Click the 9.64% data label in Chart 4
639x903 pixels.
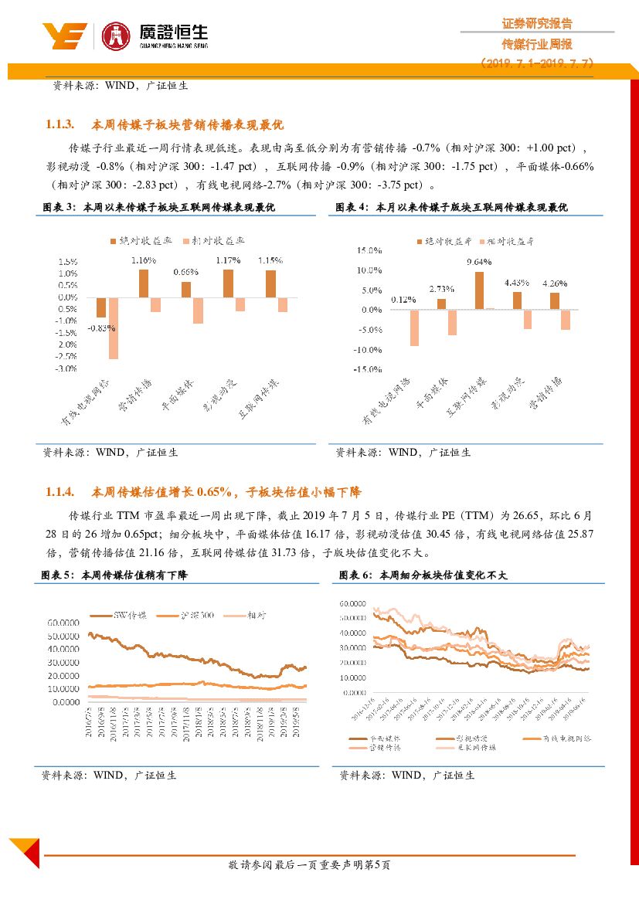click(x=479, y=262)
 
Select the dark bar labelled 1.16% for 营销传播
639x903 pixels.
click(x=144, y=283)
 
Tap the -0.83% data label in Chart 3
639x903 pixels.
click(x=100, y=328)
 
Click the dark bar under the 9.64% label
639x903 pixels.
click(x=479, y=290)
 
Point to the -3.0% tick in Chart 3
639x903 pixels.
click(x=66, y=368)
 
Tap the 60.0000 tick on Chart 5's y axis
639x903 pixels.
click(x=63, y=622)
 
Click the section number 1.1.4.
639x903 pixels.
click(x=59, y=491)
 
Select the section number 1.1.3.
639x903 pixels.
click(x=59, y=124)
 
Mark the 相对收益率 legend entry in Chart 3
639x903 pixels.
click(x=212, y=241)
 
